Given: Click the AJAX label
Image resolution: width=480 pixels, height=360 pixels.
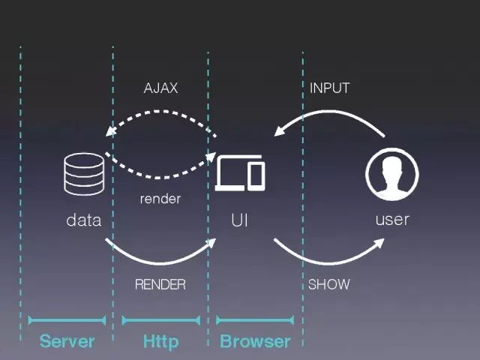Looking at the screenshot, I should pos(160,88).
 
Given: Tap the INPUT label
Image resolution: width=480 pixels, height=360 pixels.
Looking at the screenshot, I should pos(329,88).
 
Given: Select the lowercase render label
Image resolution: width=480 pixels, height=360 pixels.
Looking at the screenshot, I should pos(160,199).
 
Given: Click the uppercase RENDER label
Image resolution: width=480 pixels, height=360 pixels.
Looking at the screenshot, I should pos(160,285).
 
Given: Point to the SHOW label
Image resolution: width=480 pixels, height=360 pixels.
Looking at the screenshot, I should pos(328,285).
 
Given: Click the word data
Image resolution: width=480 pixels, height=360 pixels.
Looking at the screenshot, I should pos(83,220).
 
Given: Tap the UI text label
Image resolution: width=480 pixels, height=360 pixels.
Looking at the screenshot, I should pos(240,220).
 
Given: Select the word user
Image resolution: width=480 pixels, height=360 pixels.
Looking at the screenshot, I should pos(391,220).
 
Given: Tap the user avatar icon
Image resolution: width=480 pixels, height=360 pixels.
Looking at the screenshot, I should pos(391,175).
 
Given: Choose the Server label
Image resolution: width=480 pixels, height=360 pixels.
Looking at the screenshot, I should pos(67,342).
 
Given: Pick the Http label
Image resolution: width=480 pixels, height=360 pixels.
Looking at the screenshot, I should pos(160,342).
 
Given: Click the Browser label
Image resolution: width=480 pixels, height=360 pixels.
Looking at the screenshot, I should pos(255,342).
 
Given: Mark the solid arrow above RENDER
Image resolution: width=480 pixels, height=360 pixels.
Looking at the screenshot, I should pos(160,262).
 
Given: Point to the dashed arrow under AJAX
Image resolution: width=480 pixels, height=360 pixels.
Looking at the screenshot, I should pos(160,112).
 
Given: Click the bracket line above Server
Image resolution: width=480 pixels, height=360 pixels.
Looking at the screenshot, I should pos(67,320).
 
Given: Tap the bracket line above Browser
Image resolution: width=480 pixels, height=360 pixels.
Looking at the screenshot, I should pos(255,320).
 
